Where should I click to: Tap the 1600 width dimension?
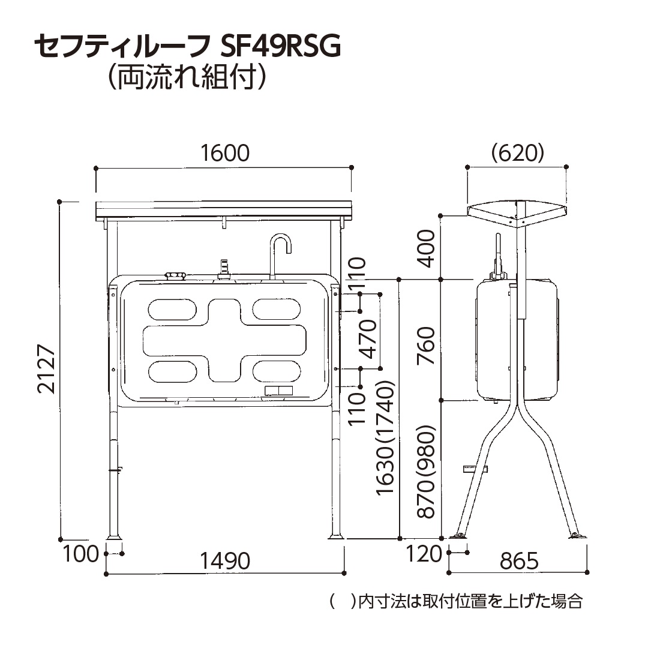(x=224, y=153)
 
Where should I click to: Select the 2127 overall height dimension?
(x=47, y=368)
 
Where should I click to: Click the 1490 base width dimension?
(x=224, y=561)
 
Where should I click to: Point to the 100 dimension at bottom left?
(x=80, y=553)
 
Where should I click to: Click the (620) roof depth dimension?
(x=517, y=153)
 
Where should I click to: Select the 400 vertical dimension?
(x=425, y=248)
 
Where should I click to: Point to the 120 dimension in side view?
(x=424, y=553)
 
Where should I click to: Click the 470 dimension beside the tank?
(x=367, y=339)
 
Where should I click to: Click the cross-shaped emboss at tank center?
(x=224, y=339)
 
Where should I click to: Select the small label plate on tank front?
(x=278, y=391)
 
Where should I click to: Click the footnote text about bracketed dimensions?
(x=456, y=601)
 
